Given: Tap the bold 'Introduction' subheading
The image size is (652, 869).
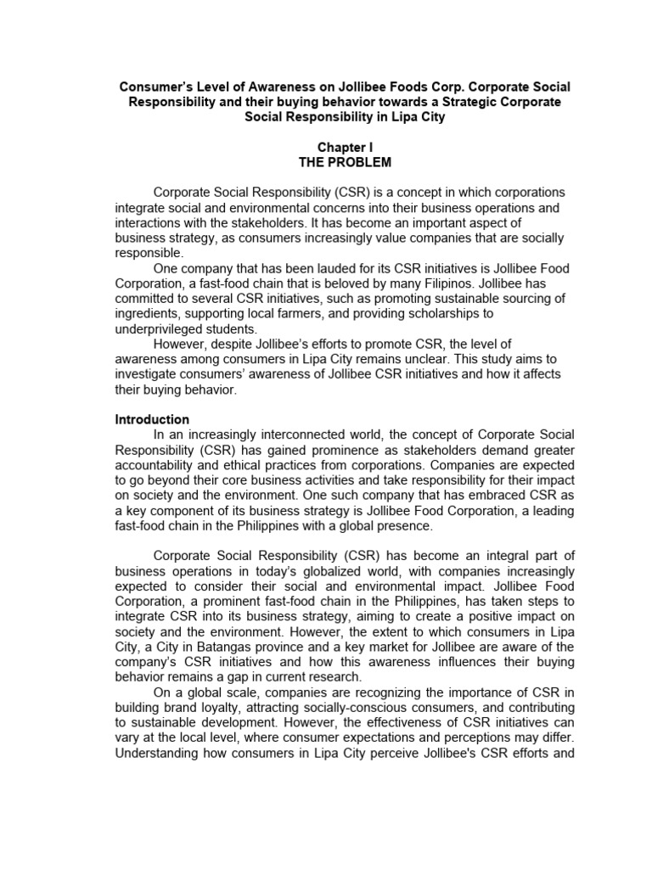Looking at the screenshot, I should [x=152, y=419].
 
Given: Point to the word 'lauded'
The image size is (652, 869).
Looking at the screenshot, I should [x=313, y=269].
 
